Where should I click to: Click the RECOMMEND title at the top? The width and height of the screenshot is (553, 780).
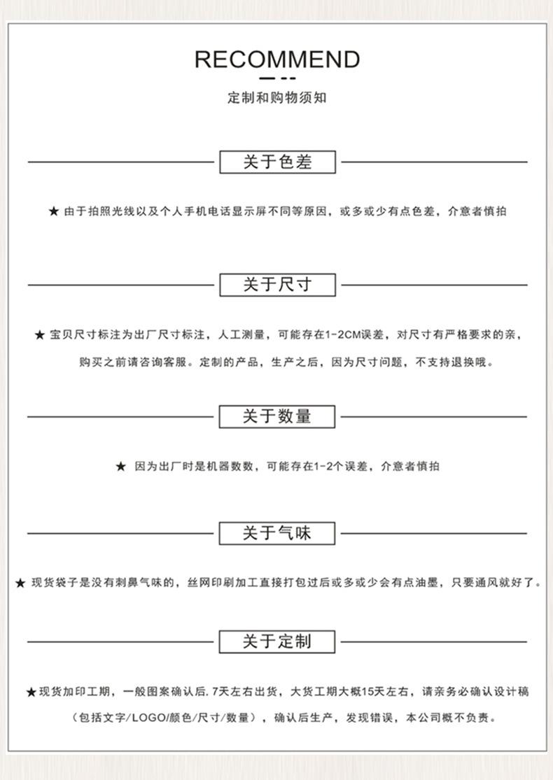point(277,59)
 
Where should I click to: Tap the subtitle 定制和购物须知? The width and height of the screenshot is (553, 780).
point(277,98)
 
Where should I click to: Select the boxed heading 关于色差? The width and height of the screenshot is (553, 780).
point(277,162)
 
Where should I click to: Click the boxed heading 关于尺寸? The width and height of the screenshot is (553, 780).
point(277,285)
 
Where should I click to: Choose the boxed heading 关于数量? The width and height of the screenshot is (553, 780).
point(277,416)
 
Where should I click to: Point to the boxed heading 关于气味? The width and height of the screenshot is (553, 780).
point(277,533)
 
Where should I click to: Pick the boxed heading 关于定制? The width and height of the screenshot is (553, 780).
point(277,641)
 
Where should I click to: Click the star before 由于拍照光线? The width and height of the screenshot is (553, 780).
point(54,211)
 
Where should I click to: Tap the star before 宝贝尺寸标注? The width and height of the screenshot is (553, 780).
point(40,335)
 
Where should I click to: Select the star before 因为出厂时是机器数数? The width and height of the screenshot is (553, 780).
point(121,467)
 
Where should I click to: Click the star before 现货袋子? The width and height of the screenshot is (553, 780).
point(20,583)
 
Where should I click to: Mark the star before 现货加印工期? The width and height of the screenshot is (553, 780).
point(31,692)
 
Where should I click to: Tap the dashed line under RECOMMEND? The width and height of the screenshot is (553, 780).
point(277,78)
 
